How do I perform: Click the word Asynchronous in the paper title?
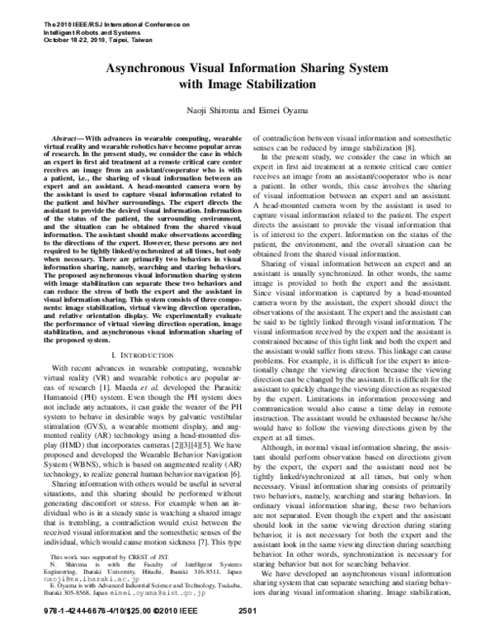[158, 72]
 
